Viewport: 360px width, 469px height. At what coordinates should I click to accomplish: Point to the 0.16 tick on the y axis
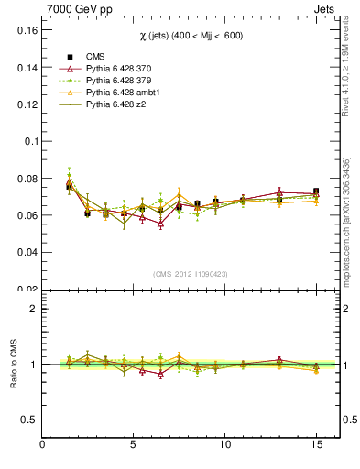point(27,30)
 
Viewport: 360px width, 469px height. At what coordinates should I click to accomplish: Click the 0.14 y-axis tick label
point(27,68)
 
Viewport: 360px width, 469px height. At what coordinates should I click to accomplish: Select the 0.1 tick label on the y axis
point(30,141)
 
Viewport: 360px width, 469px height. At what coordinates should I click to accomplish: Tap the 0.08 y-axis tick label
point(27,179)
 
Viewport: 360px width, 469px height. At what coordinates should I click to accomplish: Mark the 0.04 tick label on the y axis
point(27,252)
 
